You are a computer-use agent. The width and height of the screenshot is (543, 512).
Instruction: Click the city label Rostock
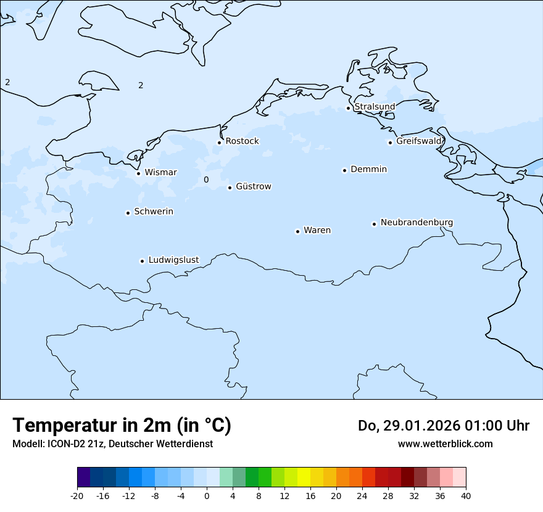tap(242, 141)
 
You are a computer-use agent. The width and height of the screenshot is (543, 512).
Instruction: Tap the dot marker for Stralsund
tap(348, 108)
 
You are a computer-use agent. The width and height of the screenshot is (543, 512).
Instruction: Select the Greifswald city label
tap(419, 141)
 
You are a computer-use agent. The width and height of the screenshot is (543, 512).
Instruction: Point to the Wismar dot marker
tap(138, 173)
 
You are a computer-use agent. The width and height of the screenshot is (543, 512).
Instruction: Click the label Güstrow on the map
tap(253, 186)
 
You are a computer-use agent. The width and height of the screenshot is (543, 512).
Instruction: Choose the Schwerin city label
tap(154, 212)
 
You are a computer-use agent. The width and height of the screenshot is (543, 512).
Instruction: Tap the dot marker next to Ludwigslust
tap(142, 261)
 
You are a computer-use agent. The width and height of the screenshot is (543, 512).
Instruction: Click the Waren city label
tap(317, 230)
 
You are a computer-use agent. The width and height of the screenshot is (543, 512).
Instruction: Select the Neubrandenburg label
tap(417, 222)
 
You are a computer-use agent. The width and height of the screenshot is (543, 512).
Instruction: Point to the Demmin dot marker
tap(344, 170)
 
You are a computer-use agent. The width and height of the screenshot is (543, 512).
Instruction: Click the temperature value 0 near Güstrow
tap(206, 180)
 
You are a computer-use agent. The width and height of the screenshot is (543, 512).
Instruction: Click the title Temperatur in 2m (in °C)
tap(122, 425)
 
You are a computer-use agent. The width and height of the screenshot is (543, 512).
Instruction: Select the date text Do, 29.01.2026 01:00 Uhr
tap(443, 426)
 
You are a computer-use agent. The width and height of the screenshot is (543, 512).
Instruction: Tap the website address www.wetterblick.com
tap(445, 444)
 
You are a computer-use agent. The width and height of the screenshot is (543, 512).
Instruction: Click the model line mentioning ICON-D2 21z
tap(112, 444)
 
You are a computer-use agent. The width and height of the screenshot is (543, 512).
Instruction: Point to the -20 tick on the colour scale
tap(77, 495)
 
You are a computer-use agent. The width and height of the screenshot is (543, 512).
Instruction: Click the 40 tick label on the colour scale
tap(465, 495)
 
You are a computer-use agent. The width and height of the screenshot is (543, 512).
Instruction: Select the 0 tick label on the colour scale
tap(207, 495)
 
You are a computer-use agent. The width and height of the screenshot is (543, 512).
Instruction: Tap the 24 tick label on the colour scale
tap(362, 495)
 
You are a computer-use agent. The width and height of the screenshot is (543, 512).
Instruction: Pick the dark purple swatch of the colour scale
tap(83, 477)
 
